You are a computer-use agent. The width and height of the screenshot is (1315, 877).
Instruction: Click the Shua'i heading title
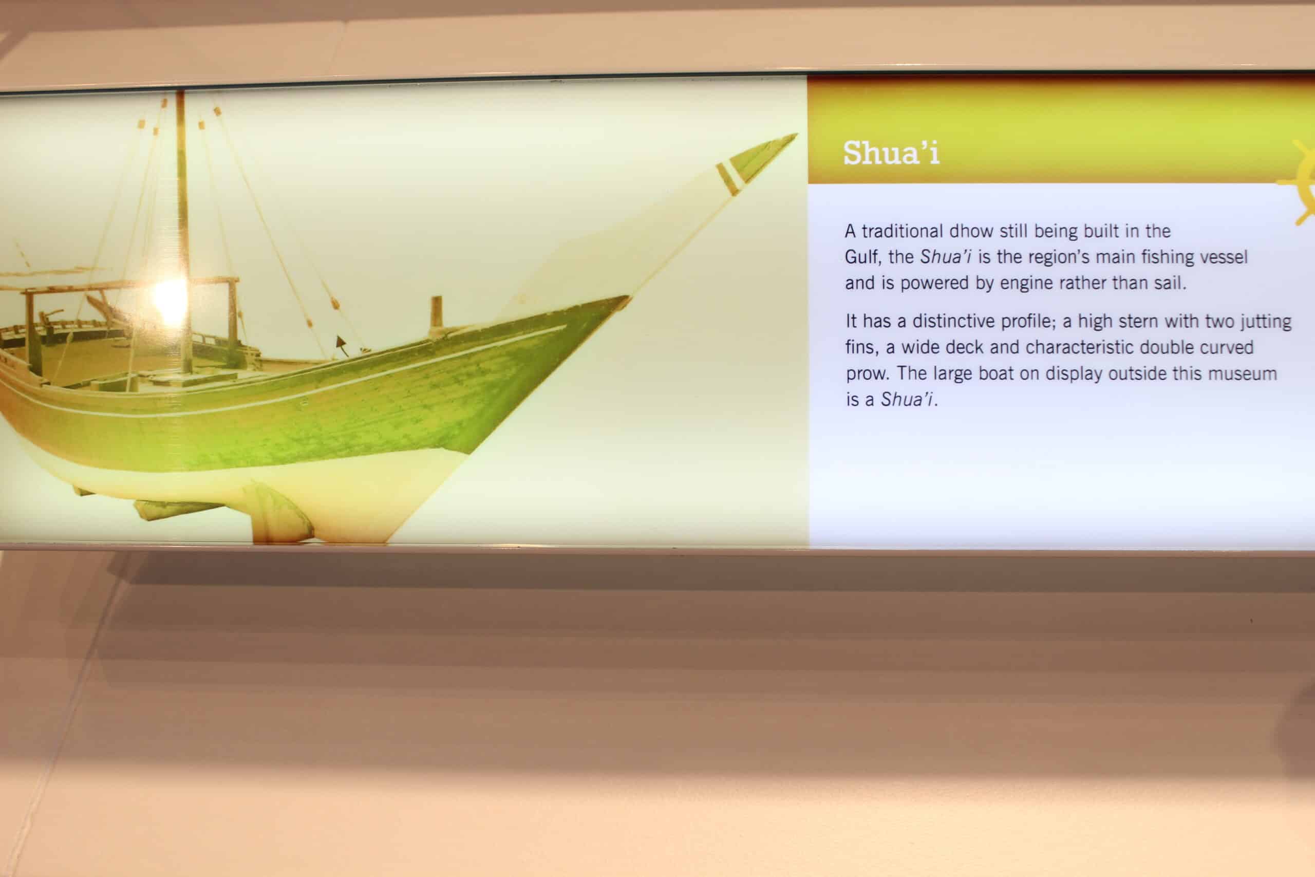pyautogui.click(x=891, y=153)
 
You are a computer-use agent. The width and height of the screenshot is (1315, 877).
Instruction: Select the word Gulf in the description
pyautogui.click(x=862, y=257)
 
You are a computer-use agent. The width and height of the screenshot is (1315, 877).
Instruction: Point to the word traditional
pyautogui.click(x=894, y=231)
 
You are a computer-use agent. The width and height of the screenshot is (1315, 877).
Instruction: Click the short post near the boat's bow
pyautogui.click(x=436, y=316)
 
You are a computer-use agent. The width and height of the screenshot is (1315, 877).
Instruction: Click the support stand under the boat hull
pyautogui.click(x=278, y=513)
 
